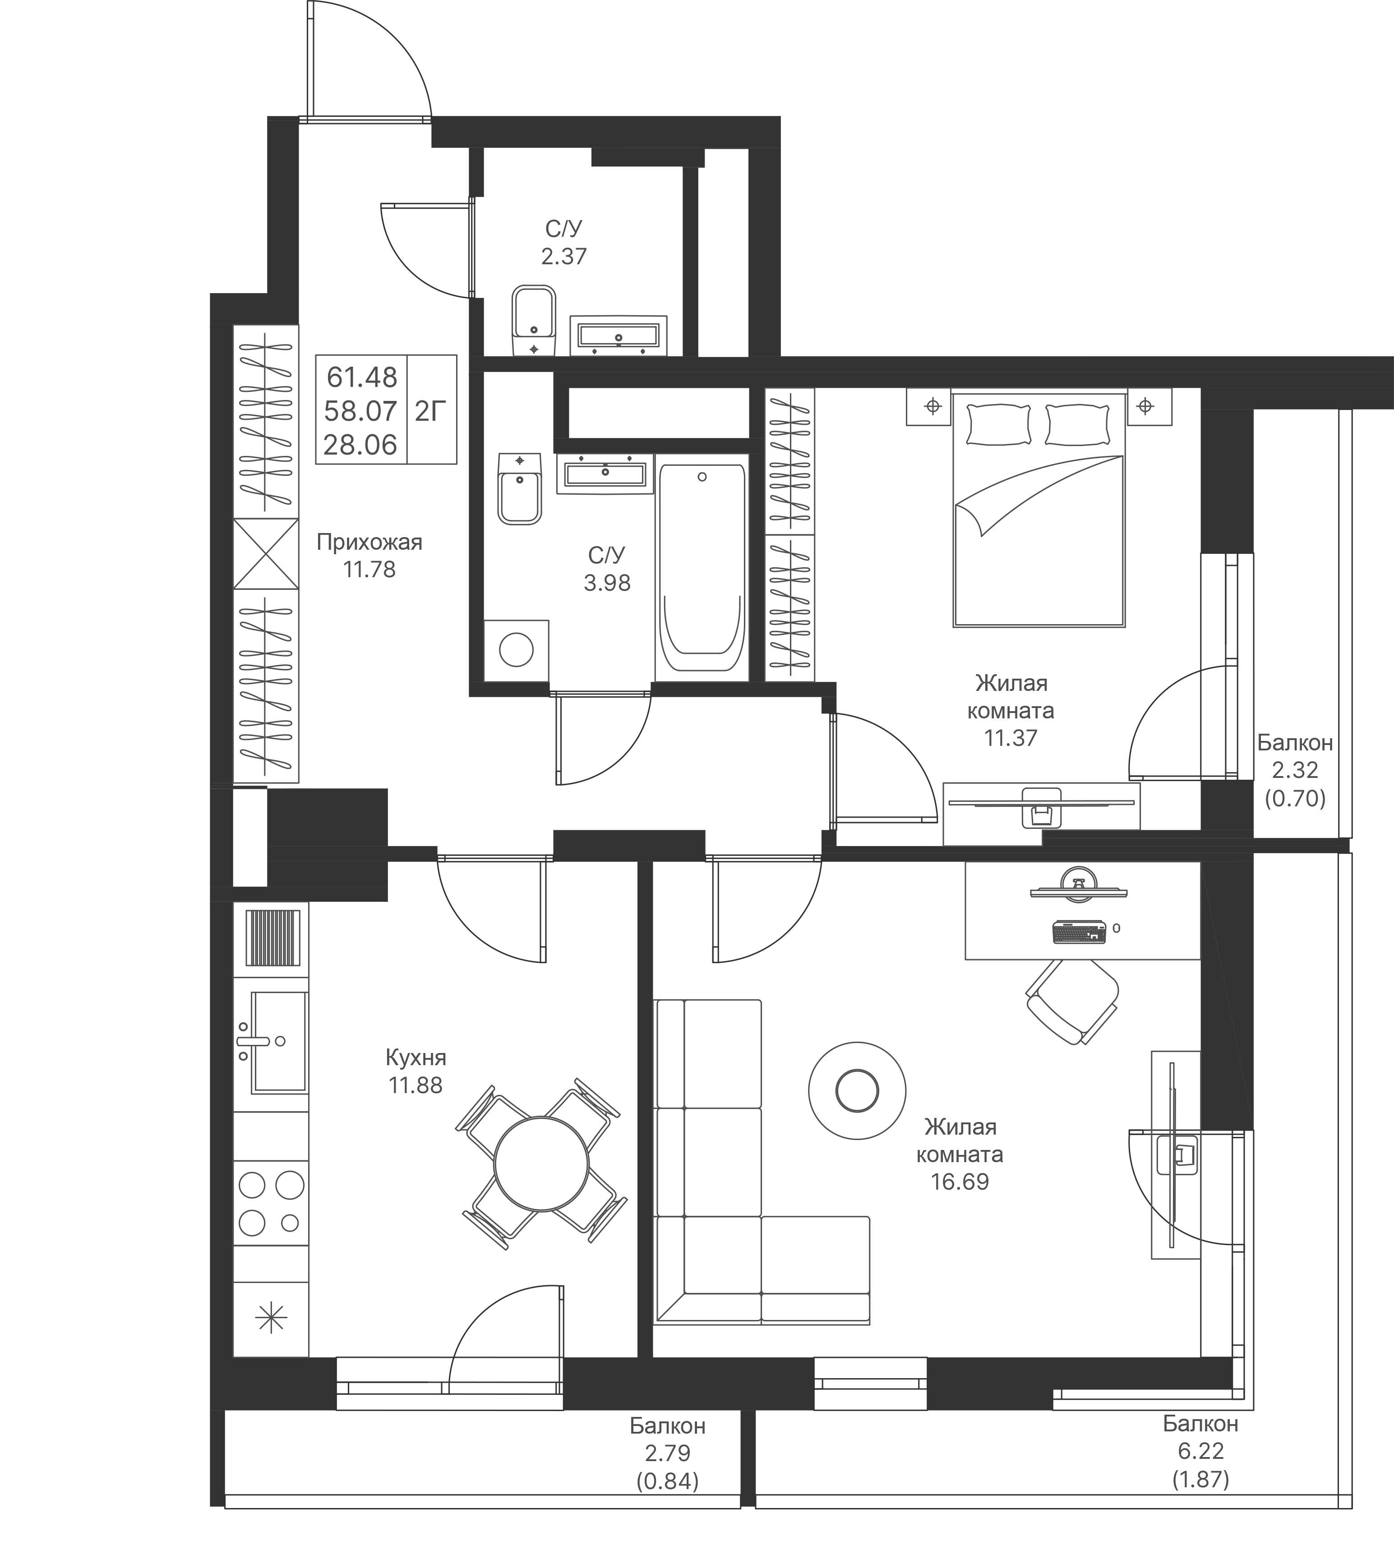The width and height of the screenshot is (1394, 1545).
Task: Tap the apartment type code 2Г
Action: (430, 412)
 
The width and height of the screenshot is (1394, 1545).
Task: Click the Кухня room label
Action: (416, 1058)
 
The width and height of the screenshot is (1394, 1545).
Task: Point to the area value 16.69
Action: (960, 1182)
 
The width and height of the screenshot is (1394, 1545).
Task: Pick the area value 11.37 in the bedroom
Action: (1010, 738)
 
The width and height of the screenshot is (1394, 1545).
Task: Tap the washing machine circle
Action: (516, 651)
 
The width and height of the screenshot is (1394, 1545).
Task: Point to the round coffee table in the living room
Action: (857, 1090)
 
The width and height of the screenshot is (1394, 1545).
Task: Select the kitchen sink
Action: (277, 1041)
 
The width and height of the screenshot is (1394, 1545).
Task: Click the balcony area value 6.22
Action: (1200, 1451)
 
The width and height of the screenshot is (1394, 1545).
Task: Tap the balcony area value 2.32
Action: (1294, 770)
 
